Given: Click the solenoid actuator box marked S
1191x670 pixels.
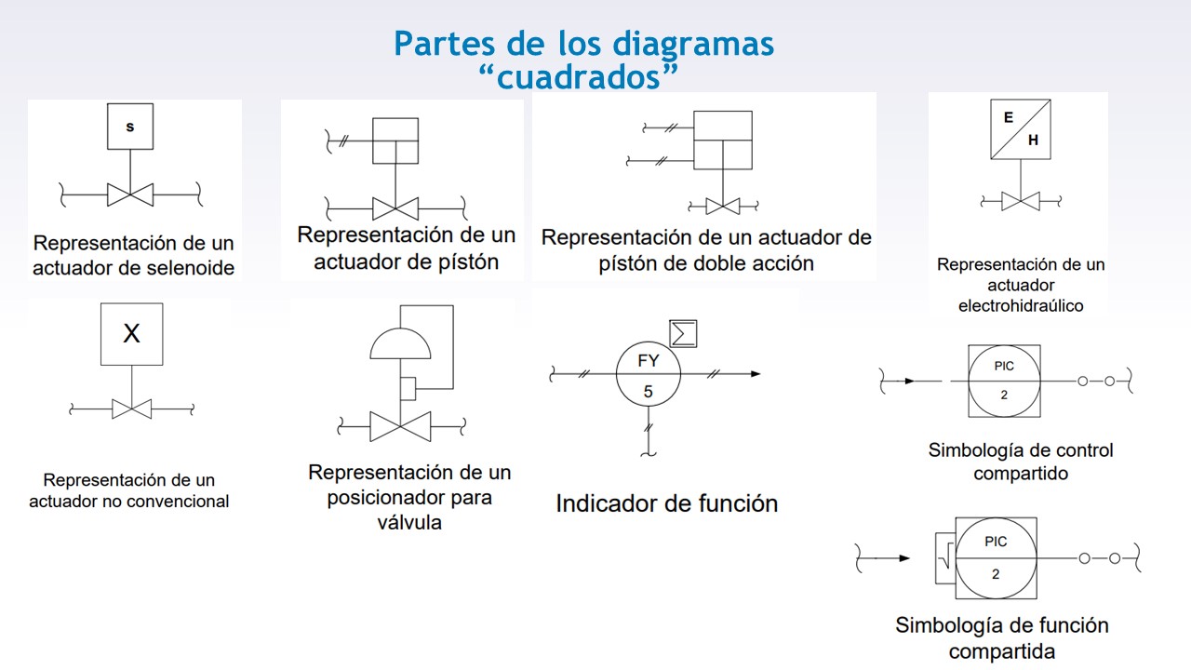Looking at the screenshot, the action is (129, 127).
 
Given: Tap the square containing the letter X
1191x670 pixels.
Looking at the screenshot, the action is (131, 333).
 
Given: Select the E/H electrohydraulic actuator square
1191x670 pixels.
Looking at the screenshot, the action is (1021, 129).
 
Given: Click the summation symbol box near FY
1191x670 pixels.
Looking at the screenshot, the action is (684, 333).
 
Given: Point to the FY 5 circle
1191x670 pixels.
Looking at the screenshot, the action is (649, 374).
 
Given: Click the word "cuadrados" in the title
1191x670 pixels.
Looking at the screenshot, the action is (582, 76).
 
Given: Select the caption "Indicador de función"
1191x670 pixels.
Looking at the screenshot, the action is (666, 503).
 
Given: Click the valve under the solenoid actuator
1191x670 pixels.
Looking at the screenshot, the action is (130, 194).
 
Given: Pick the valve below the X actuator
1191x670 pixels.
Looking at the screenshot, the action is (131, 409).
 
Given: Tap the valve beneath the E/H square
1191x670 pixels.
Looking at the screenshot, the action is (1021, 200).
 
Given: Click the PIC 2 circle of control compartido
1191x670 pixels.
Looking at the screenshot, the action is (1004, 381).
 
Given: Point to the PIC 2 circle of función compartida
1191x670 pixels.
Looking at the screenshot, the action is (996, 557).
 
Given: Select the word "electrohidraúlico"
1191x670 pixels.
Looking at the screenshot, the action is (1021, 305).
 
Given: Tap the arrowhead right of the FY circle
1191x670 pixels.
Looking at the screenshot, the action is (754, 374).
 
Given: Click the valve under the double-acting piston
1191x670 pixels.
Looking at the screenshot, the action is (723, 206).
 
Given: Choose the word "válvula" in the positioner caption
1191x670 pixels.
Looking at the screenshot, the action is (409, 522).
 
